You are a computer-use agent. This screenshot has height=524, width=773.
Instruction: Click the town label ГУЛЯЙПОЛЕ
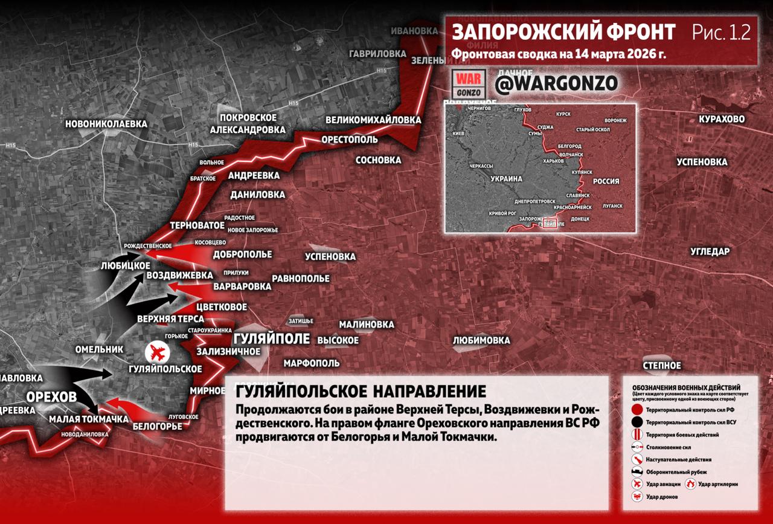click(271, 338)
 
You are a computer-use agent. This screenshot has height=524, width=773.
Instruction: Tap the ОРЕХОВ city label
click(51, 397)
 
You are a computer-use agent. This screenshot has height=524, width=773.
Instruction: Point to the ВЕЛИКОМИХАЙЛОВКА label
click(373, 120)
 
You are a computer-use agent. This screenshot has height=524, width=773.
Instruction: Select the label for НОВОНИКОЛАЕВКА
click(106, 124)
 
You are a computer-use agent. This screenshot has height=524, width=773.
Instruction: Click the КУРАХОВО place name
click(722, 119)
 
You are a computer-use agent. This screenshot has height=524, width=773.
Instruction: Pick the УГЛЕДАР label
click(710, 251)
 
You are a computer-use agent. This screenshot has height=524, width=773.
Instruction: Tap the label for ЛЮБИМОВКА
click(481, 340)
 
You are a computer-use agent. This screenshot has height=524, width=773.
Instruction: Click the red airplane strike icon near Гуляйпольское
click(158, 351)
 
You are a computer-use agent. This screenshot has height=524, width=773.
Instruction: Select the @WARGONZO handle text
click(556, 84)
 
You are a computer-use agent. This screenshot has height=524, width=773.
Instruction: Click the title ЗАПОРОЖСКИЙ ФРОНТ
click(564, 32)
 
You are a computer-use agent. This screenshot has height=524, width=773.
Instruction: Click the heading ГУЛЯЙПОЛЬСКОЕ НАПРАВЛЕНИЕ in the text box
click(361, 389)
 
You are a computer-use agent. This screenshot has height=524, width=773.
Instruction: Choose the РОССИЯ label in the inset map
click(606, 181)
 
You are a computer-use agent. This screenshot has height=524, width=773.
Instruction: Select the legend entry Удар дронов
click(662, 497)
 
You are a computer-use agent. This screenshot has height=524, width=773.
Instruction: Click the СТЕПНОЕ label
click(662, 366)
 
